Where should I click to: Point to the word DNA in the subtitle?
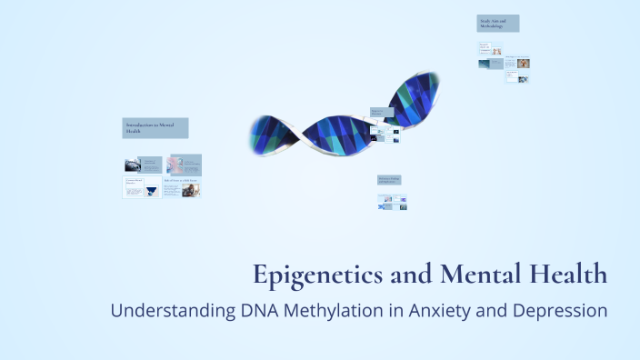click(262, 310)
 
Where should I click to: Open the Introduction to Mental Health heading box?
click(155, 128)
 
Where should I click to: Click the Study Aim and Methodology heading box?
click(498, 24)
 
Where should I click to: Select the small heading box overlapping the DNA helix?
click(382, 113)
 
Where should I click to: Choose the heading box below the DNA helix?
click(392, 181)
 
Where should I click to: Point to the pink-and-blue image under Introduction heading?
click(175, 165)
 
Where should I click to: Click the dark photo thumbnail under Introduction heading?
click(134, 165)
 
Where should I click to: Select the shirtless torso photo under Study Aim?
click(495, 51)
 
